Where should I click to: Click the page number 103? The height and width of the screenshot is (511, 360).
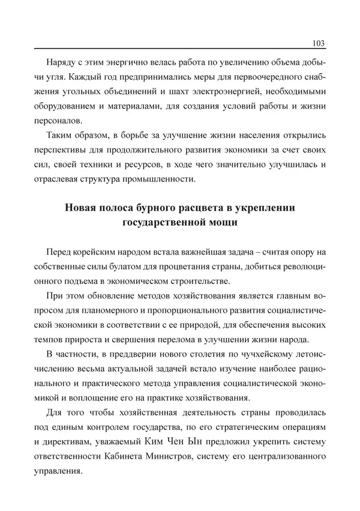pyautogui.click(x=319, y=43)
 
